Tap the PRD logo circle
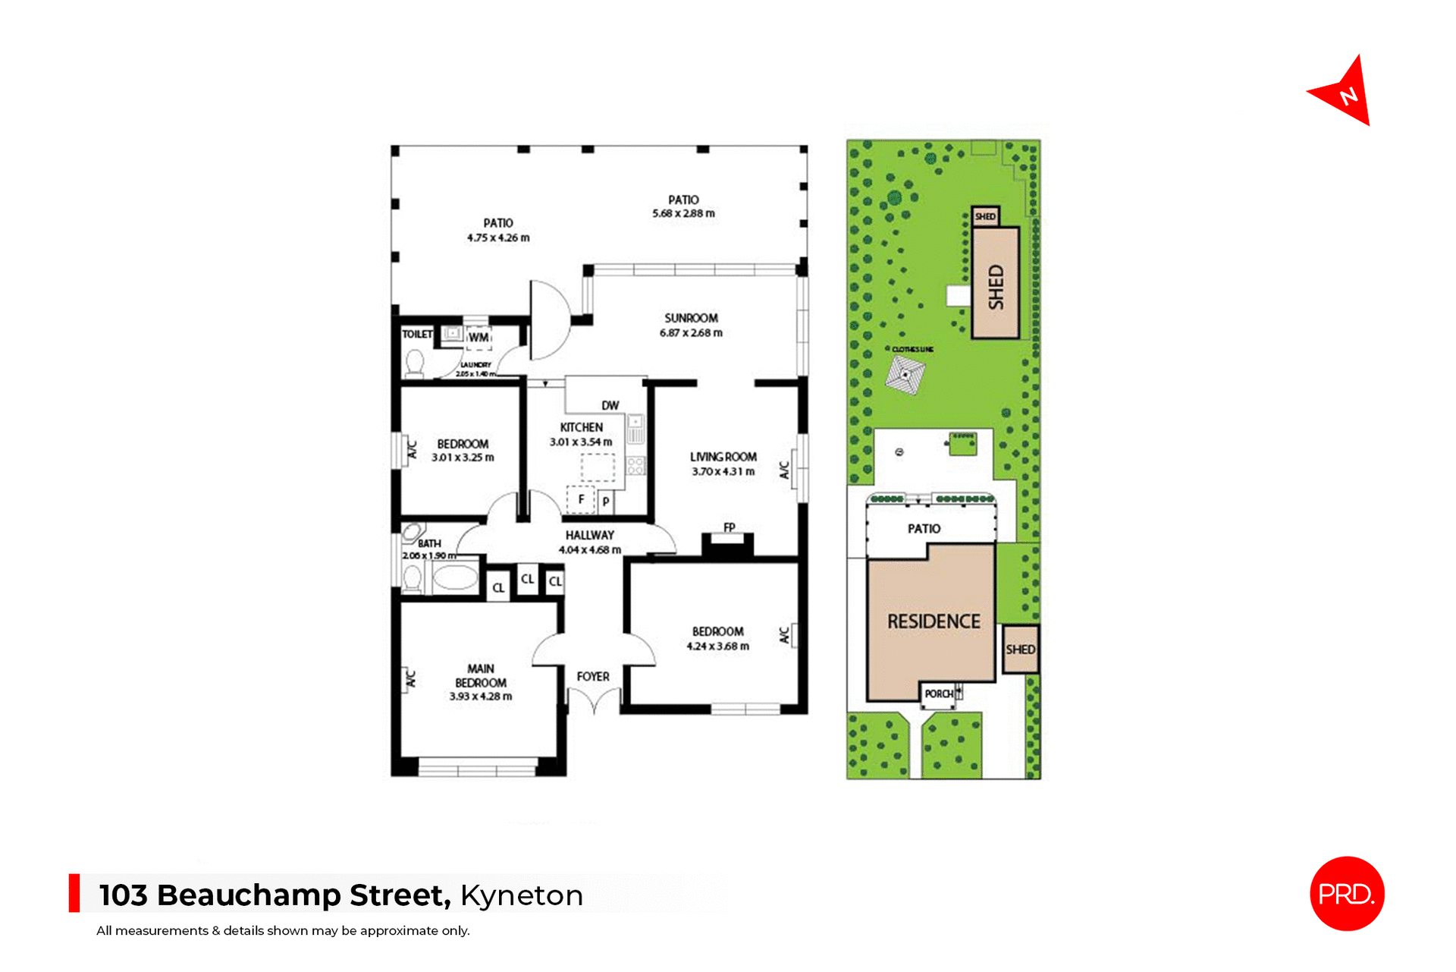pyautogui.click(x=1347, y=893)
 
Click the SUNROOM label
pyautogui.click(x=691, y=318)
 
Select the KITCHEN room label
pyautogui.click(x=582, y=427)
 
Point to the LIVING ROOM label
pyautogui.click(x=723, y=457)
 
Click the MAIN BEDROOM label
pyautogui.click(x=481, y=675)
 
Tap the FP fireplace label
pyautogui.click(x=729, y=527)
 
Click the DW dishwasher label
pyautogui.click(x=610, y=405)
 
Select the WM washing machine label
pyautogui.click(x=479, y=337)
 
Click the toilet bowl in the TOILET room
pyautogui.click(x=415, y=362)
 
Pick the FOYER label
pyautogui.click(x=593, y=676)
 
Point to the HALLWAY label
pyautogui.click(x=589, y=535)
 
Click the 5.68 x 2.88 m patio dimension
pyautogui.click(x=683, y=213)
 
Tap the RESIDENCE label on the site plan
pyautogui.click(x=934, y=621)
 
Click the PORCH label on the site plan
pyautogui.click(x=939, y=694)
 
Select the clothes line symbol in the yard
pyautogui.click(x=905, y=375)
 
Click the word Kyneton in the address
pyautogui.click(x=522, y=895)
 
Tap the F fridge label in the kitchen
pyautogui.click(x=581, y=499)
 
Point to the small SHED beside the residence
pyautogui.click(x=1020, y=650)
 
